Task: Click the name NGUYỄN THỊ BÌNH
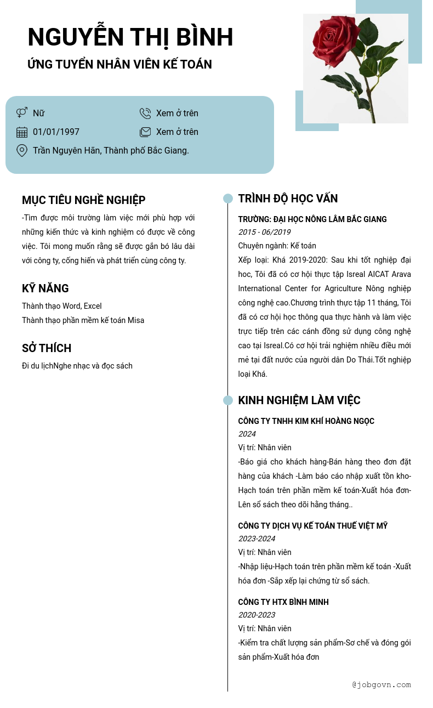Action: (130, 37)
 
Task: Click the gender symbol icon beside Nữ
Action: (22, 113)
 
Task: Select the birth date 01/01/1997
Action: (56, 132)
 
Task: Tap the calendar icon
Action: (22, 132)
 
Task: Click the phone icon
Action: (145, 114)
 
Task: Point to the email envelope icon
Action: (145, 132)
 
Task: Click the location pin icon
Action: (22, 150)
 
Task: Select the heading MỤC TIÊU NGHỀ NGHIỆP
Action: (83, 200)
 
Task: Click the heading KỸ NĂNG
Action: (45, 288)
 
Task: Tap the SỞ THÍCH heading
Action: (47, 348)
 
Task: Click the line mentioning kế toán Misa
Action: (83, 320)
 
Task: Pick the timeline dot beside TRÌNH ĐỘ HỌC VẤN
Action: (228, 199)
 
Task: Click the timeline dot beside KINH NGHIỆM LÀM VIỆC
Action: (228, 400)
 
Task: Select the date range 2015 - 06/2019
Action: (264, 232)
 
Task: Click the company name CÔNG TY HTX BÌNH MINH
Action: (283, 602)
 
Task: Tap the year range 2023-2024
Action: (257, 539)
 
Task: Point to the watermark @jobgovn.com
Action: (381, 684)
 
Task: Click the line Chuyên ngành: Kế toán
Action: (277, 246)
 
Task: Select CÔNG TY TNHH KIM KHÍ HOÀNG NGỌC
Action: (306, 421)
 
